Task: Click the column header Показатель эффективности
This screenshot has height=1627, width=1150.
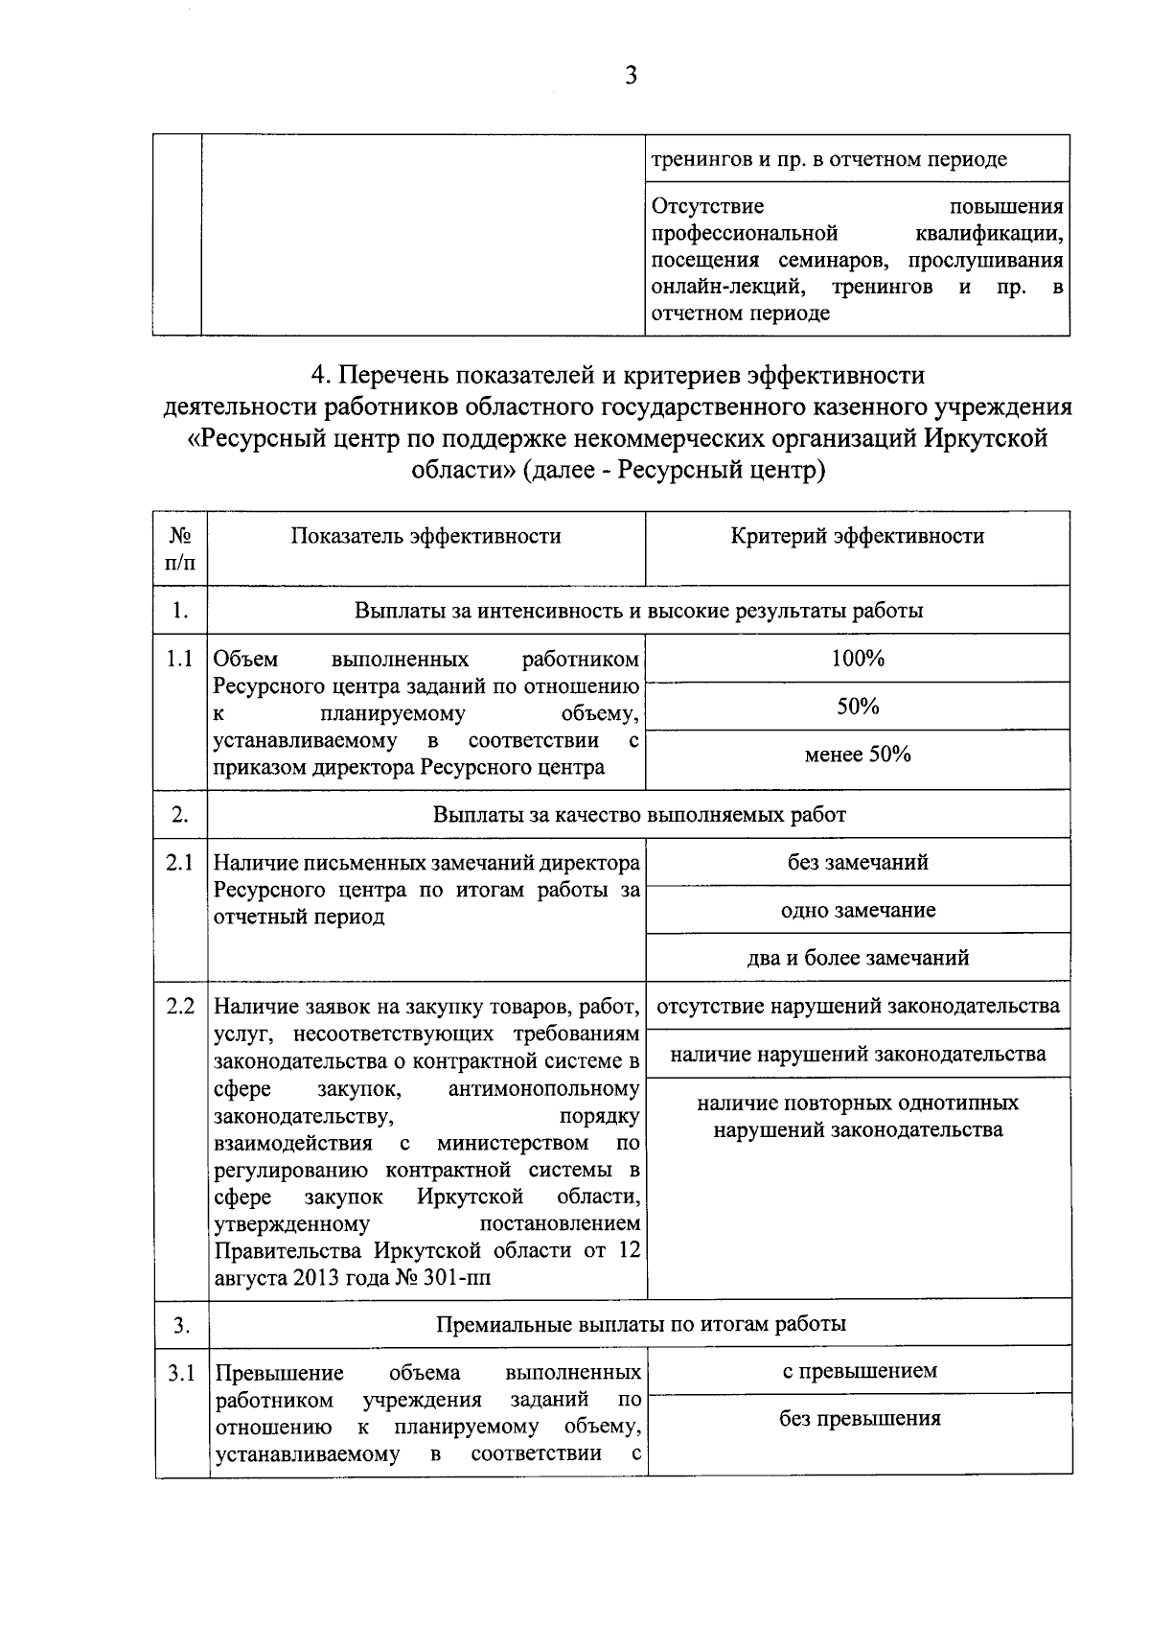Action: (x=425, y=536)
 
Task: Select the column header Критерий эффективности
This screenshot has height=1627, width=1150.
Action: (x=857, y=536)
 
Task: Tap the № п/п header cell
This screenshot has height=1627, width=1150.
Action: (x=180, y=548)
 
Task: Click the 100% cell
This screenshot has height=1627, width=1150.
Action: (x=858, y=659)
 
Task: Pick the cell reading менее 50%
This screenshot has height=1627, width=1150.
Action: (x=858, y=755)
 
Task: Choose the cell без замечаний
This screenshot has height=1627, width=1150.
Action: (x=858, y=862)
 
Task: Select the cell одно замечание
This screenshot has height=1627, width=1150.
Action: (x=858, y=910)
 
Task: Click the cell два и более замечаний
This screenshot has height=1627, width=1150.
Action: (x=858, y=958)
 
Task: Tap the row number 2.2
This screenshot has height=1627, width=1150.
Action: (x=180, y=1007)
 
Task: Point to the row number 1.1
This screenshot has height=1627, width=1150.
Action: (x=180, y=660)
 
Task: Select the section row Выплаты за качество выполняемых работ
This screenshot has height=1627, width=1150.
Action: (x=639, y=815)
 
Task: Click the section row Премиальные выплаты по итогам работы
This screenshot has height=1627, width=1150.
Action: (x=640, y=1325)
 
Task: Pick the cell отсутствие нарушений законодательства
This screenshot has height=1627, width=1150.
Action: (x=858, y=1007)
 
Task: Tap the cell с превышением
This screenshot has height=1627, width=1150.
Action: (x=859, y=1371)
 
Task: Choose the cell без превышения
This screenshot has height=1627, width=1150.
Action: (x=859, y=1419)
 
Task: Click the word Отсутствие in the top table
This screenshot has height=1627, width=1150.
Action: (x=707, y=206)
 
